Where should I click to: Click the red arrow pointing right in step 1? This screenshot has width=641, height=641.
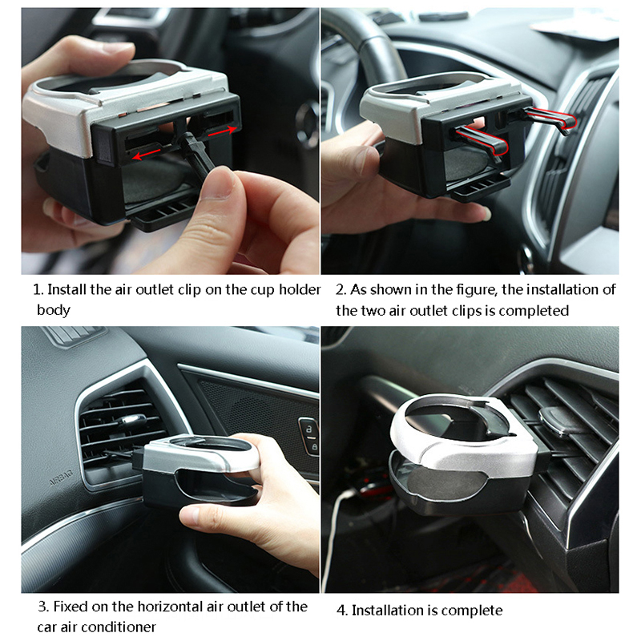coord(223,131)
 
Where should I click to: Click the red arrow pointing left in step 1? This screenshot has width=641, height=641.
coord(147,155)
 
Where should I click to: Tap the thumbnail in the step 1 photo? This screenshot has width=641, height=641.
coord(217,183)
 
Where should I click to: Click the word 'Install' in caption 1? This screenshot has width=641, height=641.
coord(67,289)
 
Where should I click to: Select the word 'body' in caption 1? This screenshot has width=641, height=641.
coord(53,310)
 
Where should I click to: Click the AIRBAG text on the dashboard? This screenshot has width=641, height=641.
coord(62,477)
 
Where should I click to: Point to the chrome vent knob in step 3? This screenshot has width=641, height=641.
coord(131,419)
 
